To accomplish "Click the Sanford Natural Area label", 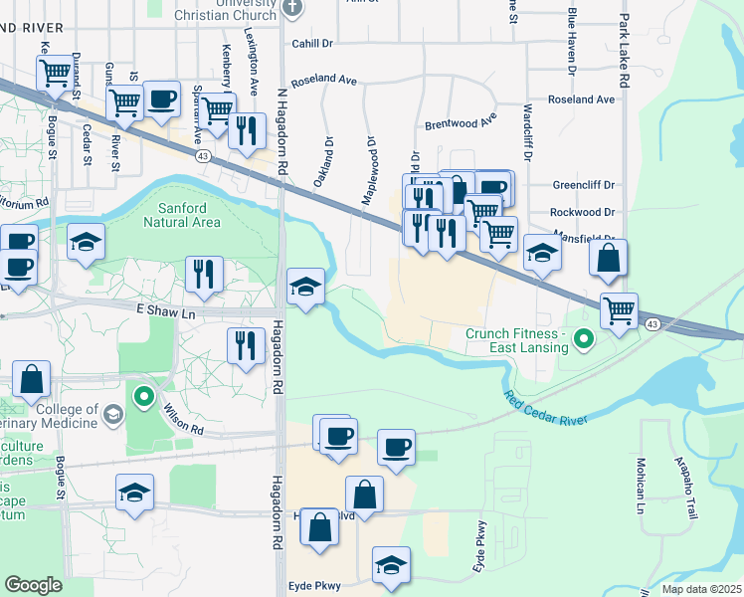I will [x=189, y=215].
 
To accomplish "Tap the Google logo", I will [x=33, y=585].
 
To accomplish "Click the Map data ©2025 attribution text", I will [x=700, y=589].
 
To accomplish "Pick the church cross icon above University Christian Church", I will [x=290, y=8].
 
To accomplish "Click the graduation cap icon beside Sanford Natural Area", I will [x=87, y=241].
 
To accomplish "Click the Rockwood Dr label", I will [x=583, y=212].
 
